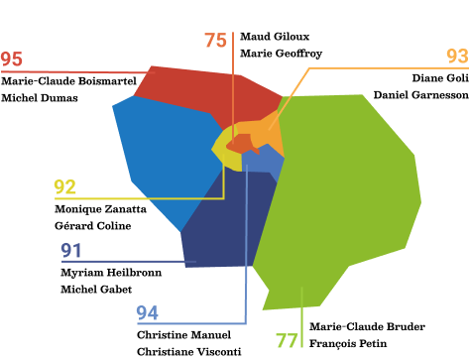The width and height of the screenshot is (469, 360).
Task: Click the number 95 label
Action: pyautogui.click(x=12, y=60)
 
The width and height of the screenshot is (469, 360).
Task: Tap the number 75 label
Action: pyautogui.click(x=215, y=41)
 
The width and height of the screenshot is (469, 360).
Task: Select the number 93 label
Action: pyautogui.click(x=456, y=57)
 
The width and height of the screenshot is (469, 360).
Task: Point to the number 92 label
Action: pyautogui.click(x=65, y=186)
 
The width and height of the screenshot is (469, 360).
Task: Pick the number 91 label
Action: pyautogui.click(x=71, y=251)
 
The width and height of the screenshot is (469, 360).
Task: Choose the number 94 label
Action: pyautogui.click(x=147, y=313)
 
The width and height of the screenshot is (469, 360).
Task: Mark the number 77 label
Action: pyautogui.click(x=287, y=341)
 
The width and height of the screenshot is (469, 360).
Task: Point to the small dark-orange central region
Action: pyautogui.click(x=242, y=143)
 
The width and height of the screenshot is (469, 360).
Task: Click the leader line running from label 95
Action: pyautogui.click(x=79, y=71)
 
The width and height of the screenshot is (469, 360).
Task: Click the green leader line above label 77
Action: pyautogui.click(x=301, y=317)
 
